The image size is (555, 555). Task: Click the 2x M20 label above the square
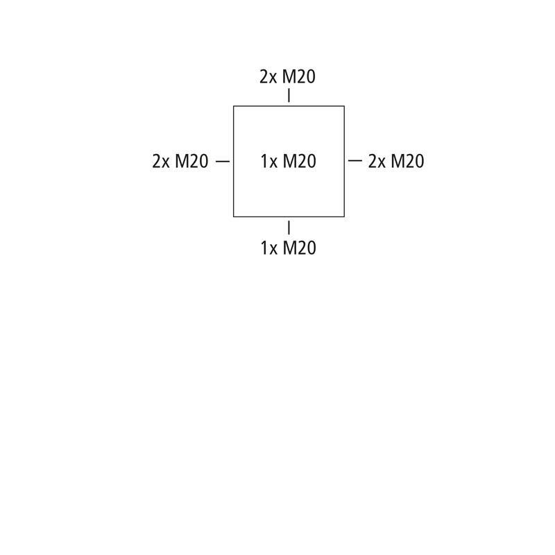(x=287, y=77)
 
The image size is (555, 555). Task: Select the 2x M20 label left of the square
(x=180, y=162)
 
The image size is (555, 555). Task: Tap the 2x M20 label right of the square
(x=396, y=162)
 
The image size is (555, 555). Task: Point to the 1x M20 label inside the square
(x=289, y=162)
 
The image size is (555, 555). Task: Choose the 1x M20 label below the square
(x=289, y=248)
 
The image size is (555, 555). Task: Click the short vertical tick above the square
(x=289, y=96)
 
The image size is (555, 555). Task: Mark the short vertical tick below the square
(x=289, y=228)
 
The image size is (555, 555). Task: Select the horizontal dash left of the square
(x=223, y=162)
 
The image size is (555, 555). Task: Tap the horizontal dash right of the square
(x=355, y=161)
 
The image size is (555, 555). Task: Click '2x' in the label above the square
(x=268, y=77)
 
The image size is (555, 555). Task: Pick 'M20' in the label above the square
(x=299, y=77)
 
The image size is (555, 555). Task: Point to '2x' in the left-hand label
(x=161, y=162)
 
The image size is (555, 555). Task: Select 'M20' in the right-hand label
(x=407, y=162)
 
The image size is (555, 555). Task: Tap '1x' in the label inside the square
(x=269, y=162)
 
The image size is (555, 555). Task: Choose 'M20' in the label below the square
(x=300, y=248)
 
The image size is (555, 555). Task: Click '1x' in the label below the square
(x=269, y=248)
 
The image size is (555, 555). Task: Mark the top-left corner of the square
(x=234, y=106)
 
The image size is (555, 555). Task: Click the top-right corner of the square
(x=344, y=106)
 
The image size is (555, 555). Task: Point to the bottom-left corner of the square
(x=234, y=216)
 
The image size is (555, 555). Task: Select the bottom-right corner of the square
(x=344, y=216)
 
